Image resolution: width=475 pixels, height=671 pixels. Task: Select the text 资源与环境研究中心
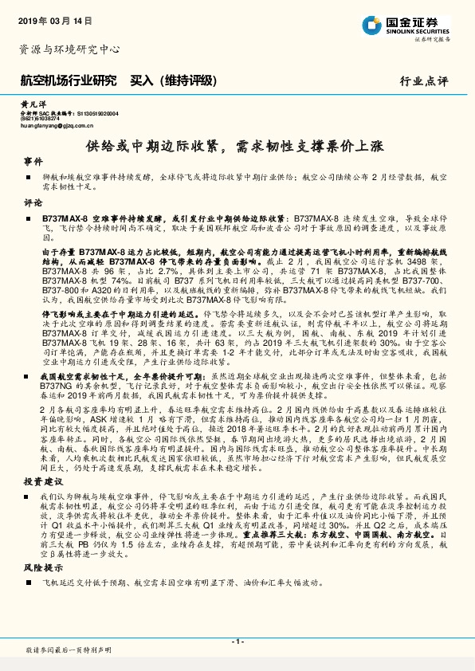coord(69,49)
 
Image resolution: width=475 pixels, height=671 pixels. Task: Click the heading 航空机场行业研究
coord(68,80)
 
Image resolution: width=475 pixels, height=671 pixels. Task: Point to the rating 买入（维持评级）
coord(172,80)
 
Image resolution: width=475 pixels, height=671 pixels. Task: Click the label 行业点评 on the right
coord(424,81)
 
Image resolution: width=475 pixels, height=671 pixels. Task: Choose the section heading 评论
coord(33,202)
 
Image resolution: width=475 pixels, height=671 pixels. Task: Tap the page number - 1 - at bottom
coord(237,641)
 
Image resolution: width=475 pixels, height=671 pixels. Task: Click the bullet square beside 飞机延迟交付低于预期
coord(29,583)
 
